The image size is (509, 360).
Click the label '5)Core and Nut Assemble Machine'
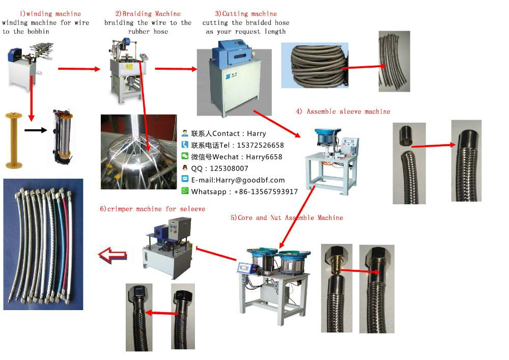click(x=287, y=217)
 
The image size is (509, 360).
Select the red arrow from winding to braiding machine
click(x=79, y=69)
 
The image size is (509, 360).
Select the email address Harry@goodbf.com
click(x=250, y=180)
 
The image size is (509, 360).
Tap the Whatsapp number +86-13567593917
click(x=266, y=191)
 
